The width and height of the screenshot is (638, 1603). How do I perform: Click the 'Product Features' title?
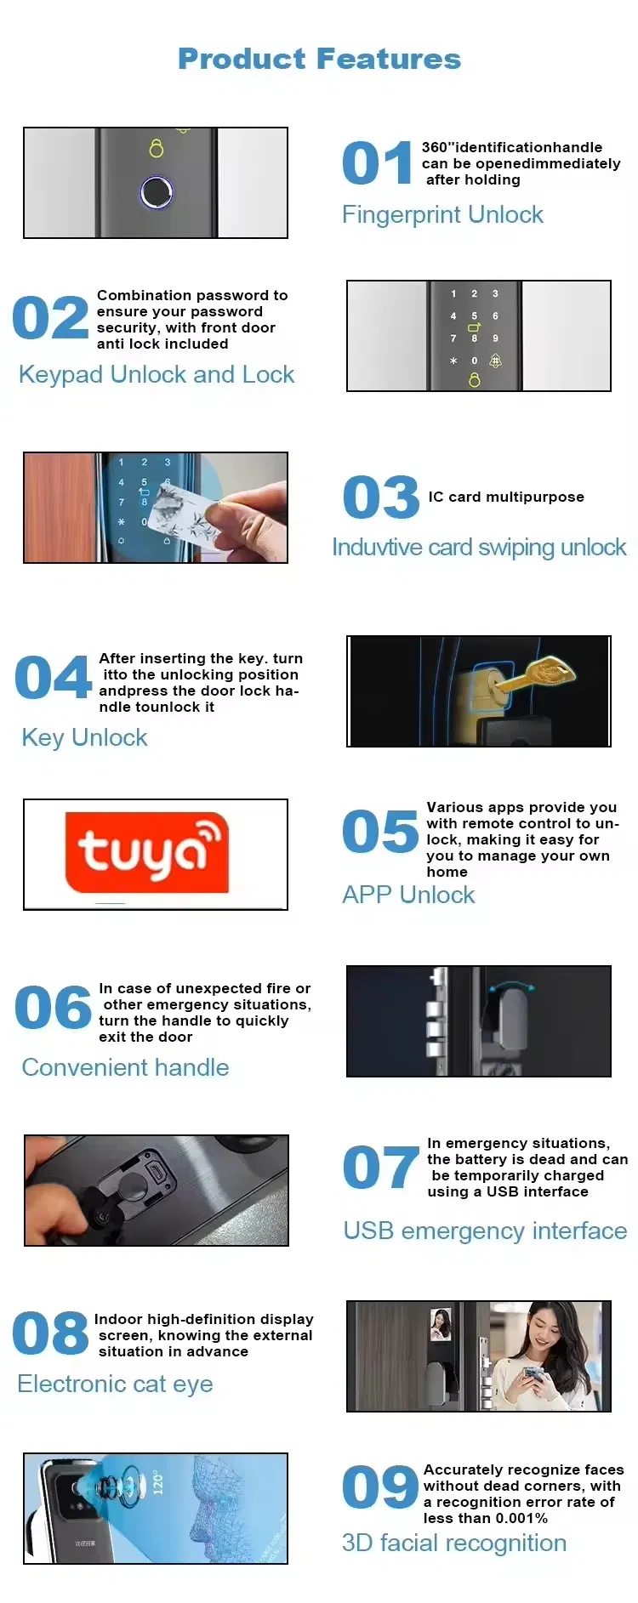point(319,59)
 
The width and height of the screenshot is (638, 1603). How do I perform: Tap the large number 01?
point(377,163)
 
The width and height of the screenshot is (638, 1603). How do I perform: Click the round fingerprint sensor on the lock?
point(156,192)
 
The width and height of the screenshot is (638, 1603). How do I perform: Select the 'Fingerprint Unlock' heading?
point(442,214)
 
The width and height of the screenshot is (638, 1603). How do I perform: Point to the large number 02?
point(50,318)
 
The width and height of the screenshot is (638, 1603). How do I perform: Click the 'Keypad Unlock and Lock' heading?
point(157,374)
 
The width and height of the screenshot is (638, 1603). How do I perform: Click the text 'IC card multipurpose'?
point(506,497)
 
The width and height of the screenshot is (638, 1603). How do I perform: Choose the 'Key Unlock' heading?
point(84,737)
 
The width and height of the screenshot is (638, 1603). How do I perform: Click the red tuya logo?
point(147,852)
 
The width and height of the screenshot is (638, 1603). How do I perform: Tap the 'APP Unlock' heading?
point(408,895)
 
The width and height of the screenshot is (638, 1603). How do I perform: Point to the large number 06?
point(53,1008)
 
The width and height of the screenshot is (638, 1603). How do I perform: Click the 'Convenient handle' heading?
point(125,1067)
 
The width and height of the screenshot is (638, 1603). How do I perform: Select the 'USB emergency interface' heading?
point(485,1231)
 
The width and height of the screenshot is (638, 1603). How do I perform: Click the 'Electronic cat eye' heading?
point(115,1384)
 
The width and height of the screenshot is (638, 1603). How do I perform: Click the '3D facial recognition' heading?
point(454,1543)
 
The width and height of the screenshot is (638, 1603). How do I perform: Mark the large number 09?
point(380,1487)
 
